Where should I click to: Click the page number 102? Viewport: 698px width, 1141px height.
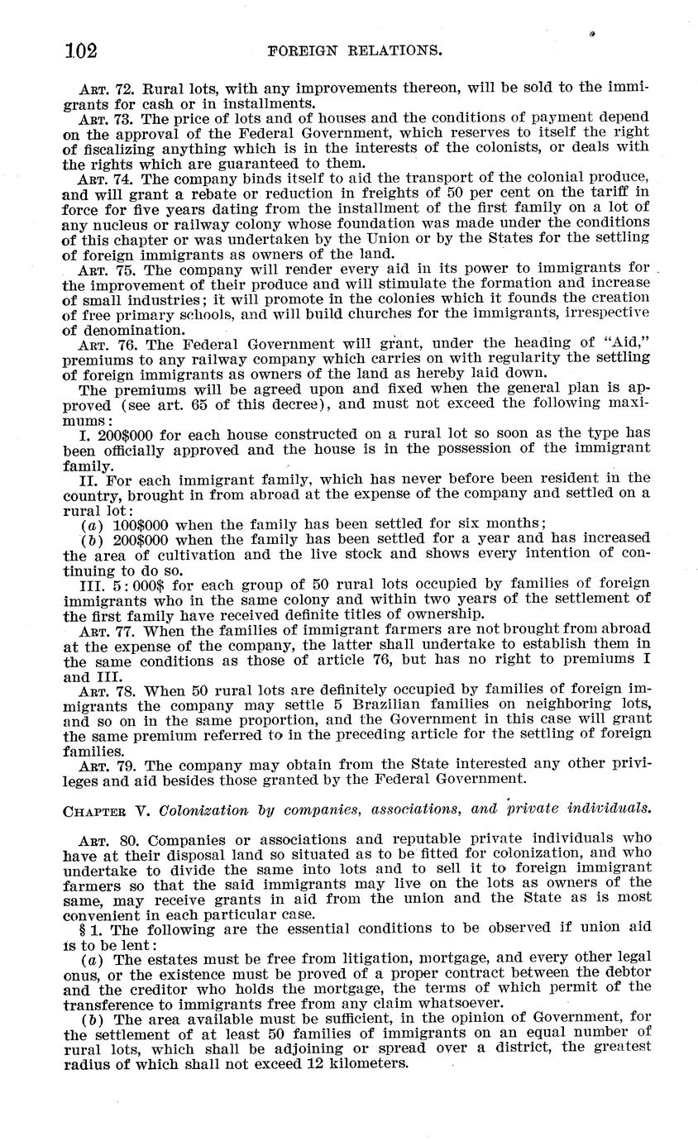pos(81,51)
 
